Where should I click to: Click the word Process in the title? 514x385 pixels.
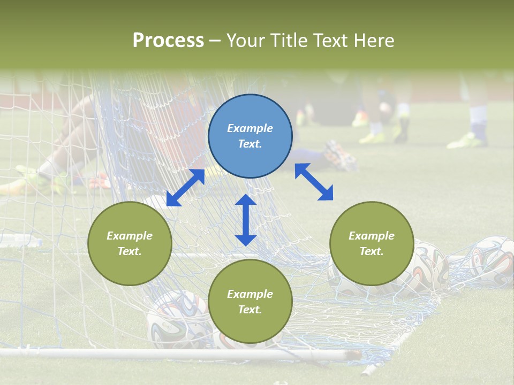click(x=168, y=41)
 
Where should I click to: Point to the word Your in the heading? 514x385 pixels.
click(x=244, y=41)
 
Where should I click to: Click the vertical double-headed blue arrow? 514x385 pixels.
click(x=246, y=220)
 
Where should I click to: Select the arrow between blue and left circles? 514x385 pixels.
click(x=185, y=187)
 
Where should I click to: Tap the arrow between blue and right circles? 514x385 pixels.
click(x=314, y=182)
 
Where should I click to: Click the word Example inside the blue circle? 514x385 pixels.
click(x=250, y=128)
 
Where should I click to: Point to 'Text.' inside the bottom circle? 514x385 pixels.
click(x=250, y=310)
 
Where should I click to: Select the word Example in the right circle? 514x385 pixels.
click(x=372, y=236)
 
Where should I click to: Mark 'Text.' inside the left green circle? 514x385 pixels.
click(x=130, y=251)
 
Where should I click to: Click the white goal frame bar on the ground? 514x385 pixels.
click(x=161, y=354)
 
